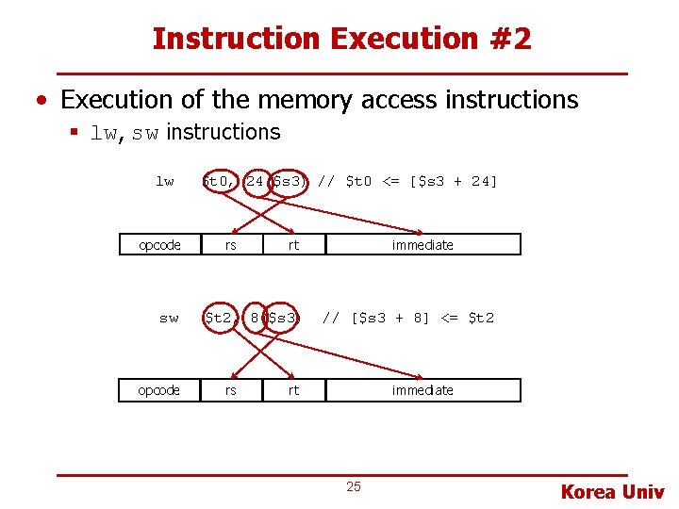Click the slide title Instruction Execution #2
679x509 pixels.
[x=341, y=39]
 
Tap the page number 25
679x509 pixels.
[x=354, y=486]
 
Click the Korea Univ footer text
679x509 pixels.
[x=612, y=491]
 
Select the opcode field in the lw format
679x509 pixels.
[x=159, y=245]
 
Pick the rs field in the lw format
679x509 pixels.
[x=230, y=245]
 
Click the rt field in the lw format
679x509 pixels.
[x=293, y=245]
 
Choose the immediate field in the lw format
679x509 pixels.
[x=423, y=245]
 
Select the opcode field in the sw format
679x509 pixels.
[x=159, y=390]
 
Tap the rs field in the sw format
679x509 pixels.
[x=230, y=390]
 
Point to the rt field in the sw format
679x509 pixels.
[x=293, y=390]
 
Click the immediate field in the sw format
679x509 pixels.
[x=423, y=390]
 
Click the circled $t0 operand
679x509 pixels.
[x=220, y=181]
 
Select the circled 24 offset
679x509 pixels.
[x=255, y=181]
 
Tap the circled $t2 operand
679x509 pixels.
[x=220, y=319]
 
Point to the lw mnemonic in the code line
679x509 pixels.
[x=165, y=181]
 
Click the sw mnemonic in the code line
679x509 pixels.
[x=169, y=319]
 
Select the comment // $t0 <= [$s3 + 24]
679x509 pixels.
[x=407, y=181]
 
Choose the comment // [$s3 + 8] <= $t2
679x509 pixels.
[x=407, y=319]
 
